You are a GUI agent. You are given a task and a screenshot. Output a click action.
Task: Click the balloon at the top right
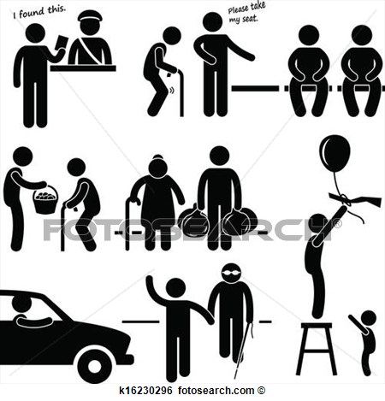(x=335, y=153)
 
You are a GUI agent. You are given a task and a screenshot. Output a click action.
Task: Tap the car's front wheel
(x=94, y=366)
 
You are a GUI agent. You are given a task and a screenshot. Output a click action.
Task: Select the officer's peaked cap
(x=90, y=16)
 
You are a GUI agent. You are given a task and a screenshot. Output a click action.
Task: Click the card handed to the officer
(x=62, y=43)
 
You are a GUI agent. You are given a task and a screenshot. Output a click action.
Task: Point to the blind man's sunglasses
(x=232, y=273)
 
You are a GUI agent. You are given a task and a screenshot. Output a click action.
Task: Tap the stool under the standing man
(x=317, y=349)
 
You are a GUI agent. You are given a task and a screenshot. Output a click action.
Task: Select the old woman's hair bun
(x=157, y=157)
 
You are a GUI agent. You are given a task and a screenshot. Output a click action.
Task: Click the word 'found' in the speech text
(x=32, y=13)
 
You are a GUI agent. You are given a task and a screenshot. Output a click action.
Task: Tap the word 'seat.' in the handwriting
(x=250, y=19)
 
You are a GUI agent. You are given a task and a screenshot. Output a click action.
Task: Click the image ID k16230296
(x=145, y=391)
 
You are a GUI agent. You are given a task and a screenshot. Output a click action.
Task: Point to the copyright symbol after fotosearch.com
(x=262, y=391)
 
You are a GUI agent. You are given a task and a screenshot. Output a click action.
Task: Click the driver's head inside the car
(x=21, y=304)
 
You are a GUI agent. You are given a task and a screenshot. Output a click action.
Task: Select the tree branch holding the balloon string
(x=355, y=199)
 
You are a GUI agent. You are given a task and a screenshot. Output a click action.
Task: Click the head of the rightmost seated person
(x=361, y=36)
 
